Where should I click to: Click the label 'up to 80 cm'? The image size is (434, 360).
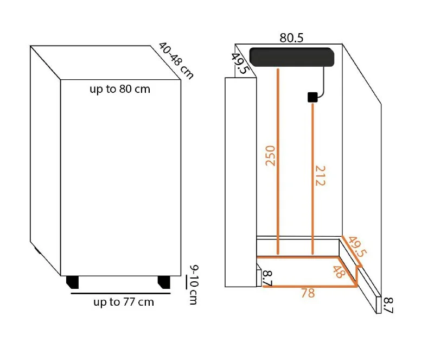click(120, 90)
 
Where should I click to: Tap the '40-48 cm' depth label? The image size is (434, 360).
click(176, 60)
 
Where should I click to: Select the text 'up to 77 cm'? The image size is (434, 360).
click(124, 302)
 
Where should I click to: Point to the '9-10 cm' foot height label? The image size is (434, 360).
click(194, 285)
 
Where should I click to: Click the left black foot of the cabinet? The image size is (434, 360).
click(73, 282)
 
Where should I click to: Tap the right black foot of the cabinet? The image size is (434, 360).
click(164, 282)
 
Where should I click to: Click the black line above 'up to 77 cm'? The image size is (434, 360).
click(120, 293)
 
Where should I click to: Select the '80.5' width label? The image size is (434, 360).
click(291, 38)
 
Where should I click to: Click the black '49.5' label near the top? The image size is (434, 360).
click(239, 63)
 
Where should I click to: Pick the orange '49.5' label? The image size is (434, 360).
click(358, 246)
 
